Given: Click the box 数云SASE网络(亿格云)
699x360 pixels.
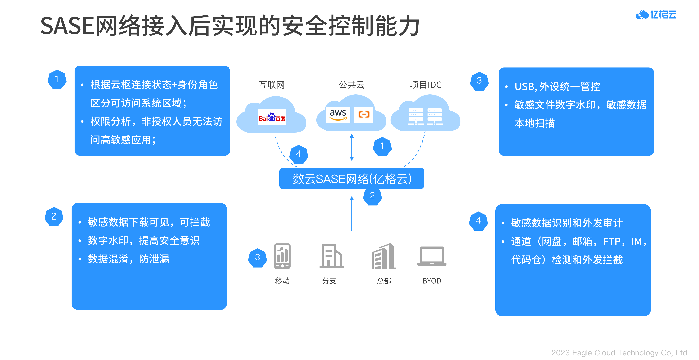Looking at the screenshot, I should pos(352,179).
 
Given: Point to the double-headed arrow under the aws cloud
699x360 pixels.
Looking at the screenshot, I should pos(352,147).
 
